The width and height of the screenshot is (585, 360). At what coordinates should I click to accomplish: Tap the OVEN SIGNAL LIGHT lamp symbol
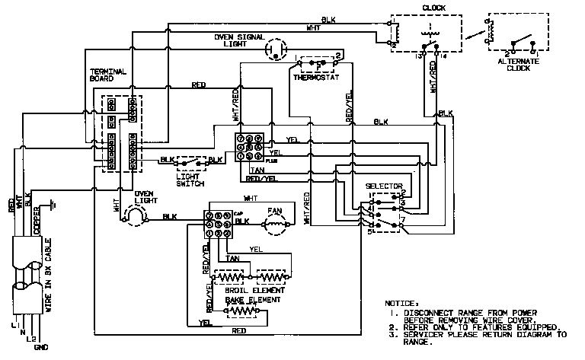(x=272, y=51)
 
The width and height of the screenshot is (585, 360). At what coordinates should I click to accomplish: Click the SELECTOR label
(x=380, y=185)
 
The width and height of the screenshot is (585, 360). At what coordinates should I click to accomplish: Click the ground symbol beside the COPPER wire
(x=52, y=205)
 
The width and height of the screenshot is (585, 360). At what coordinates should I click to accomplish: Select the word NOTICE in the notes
(x=402, y=302)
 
